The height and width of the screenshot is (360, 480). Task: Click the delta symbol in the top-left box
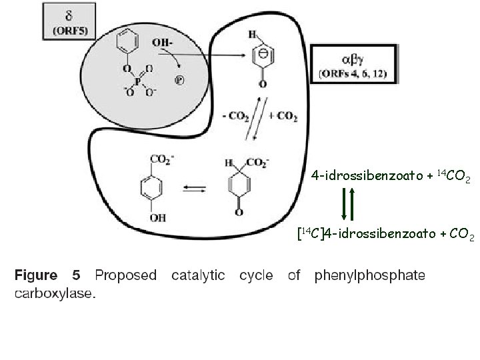(69, 16)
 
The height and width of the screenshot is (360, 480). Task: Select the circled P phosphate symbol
(179, 81)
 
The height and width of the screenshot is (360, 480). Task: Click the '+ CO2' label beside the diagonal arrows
(283, 117)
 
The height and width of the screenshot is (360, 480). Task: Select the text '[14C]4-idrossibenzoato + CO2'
(385, 234)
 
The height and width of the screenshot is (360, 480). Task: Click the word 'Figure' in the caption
(37, 275)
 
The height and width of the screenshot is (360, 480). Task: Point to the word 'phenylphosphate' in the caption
(369, 275)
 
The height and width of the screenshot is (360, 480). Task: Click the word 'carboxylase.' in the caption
(55, 293)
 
